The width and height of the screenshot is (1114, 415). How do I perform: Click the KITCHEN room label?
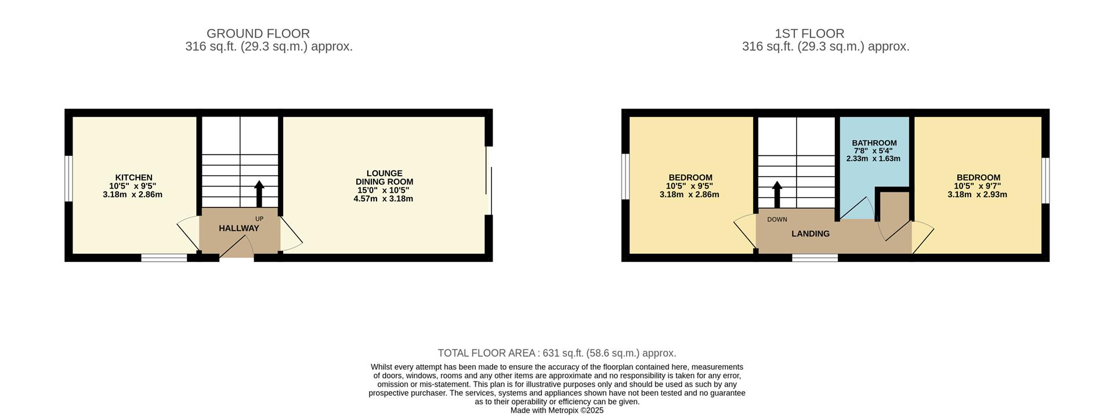(x=133, y=177)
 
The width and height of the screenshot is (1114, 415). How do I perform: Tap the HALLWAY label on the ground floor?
(x=239, y=228)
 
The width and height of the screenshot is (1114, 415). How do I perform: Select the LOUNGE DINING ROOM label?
(x=384, y=177)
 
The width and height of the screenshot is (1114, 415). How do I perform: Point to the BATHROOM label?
(x=874, y=143)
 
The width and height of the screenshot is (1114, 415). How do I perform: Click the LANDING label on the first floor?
(x=811, y=234)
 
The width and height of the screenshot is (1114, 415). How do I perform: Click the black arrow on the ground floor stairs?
(x=259, y=194)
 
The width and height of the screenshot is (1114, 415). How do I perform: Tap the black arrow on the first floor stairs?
(x=777, y=194)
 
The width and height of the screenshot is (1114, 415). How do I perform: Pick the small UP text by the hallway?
(x=259, y=219)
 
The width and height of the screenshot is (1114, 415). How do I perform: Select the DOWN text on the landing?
(x=777, y=219)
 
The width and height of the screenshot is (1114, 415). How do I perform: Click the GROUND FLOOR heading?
(x=258, y=34)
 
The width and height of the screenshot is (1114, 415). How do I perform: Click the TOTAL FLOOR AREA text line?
(x=557, y=353)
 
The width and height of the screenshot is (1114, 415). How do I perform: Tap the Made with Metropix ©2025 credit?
(x=557, y=410)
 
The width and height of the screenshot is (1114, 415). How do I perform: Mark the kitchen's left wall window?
(x=68, y=179)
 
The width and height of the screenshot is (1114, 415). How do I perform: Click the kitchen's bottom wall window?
(x=164, y=257)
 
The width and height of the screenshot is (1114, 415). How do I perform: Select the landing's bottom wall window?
(x=815, y=257)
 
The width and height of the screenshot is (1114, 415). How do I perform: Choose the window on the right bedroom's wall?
(x=1046, y=180)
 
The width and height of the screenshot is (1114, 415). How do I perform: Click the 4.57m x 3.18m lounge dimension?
(x=384, y=199)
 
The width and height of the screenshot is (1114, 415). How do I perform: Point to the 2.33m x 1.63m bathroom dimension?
(x=873, y=158)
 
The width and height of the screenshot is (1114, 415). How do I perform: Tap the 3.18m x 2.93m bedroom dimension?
(x=978, y=195)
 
